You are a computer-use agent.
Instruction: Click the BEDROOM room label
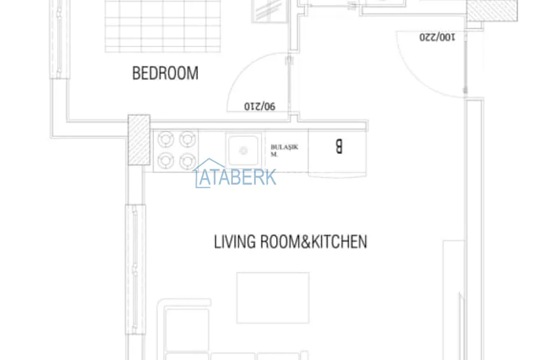tap(165, 73)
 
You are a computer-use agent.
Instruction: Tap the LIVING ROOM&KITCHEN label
tap(290, 242)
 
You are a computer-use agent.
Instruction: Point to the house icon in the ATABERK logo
tap(205, 173)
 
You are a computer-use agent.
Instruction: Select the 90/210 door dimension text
tap(260, 106)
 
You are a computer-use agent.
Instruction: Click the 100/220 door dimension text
tap(437, 37)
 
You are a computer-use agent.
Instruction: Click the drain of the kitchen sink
tap(242, 151)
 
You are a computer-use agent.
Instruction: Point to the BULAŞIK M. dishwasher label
tap(284, 150)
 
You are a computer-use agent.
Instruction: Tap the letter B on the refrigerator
tap(339, 147)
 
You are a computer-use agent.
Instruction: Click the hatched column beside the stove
tap(139, 140)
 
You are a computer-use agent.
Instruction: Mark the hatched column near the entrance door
tap(491, 11)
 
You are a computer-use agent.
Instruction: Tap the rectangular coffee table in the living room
tap(273, 298)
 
